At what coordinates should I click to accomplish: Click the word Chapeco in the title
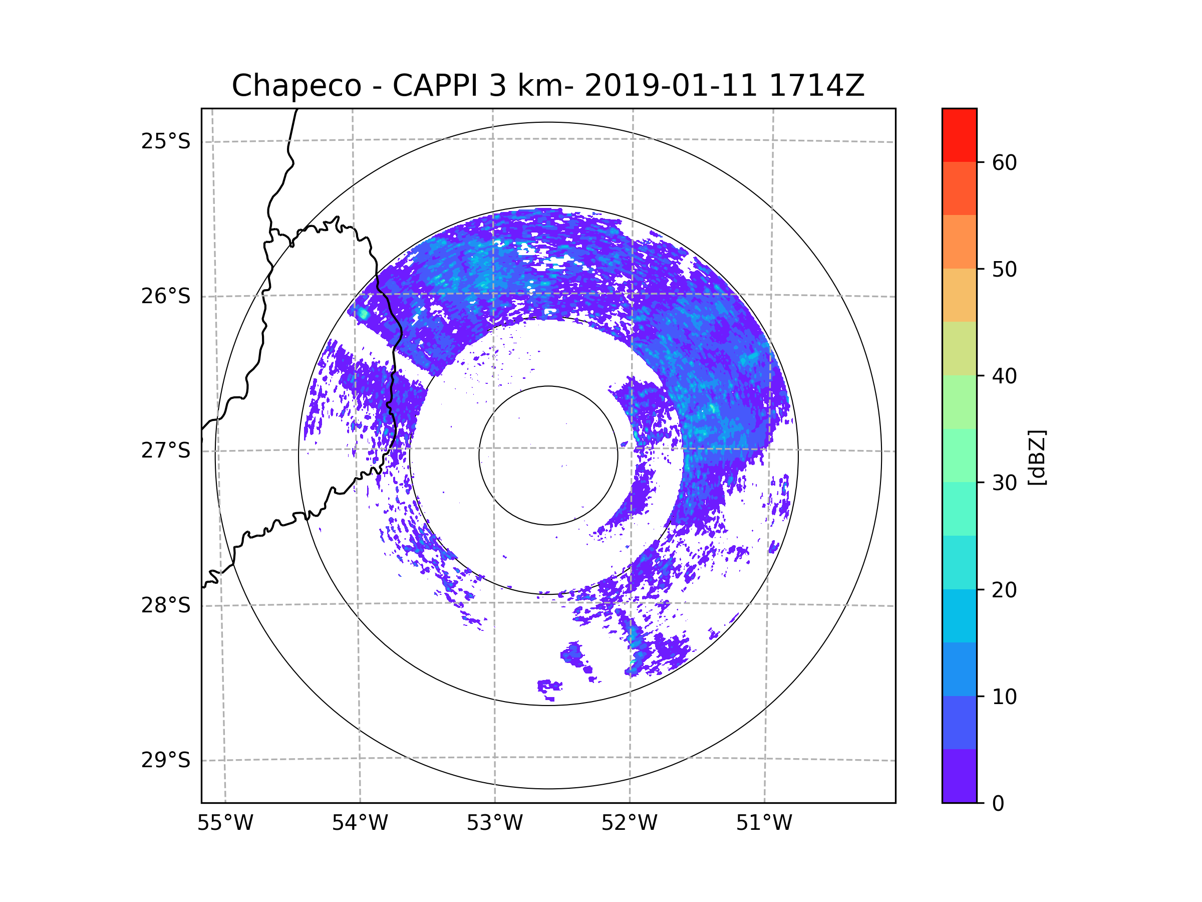click(x=296, y=86)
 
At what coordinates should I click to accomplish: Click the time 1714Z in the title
click(x=817, y=86)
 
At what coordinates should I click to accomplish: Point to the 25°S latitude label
click(x=166, y=141)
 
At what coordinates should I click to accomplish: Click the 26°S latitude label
click(x=166, y=296)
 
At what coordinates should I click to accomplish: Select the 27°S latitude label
click(x=166, y=450)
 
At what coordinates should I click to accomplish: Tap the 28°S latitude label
click(x=166, y=605)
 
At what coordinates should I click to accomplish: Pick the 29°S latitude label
click(x=166, y=760)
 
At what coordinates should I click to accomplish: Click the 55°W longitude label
click(x=225, y=823)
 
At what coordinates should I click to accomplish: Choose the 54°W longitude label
click(x=360, y=823)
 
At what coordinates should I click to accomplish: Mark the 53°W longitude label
click(x=494, y=823)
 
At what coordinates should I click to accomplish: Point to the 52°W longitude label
click(x=629, y=823)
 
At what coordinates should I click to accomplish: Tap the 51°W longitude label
click(x=764, y=823)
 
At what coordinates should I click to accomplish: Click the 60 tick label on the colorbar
click(x=1004, y=162)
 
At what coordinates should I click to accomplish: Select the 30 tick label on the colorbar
click(x=1004, y=483)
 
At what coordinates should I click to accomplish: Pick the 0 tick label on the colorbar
click(x=998, y=804)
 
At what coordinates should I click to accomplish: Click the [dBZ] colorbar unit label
click(x=1037, y=457)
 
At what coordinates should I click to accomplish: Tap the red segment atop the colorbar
click(x=959, y=135)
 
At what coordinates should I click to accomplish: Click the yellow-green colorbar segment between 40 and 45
click(x=959, y=348)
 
